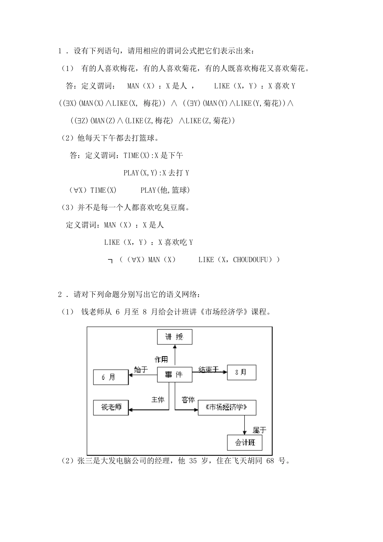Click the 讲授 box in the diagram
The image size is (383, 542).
tap(174, 337)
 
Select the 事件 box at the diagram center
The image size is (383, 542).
tap(174, 375)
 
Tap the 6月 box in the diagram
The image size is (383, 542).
tap(110, 377)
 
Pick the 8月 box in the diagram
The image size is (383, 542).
tap(241, 373)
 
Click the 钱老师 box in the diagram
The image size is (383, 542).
tap(111, 407)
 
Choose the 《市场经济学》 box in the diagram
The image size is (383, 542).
tap(227, 407)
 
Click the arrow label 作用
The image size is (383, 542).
tap(161, 359)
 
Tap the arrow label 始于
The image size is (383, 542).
tap(141, 369)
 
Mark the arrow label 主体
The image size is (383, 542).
tap(158, 400)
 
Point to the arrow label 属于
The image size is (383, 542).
tap(259, 430)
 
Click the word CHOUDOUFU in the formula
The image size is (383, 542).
tap(250, 260)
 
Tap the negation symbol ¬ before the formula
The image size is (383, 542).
tap(110, 261)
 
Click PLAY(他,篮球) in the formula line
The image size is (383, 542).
tap(165, 190)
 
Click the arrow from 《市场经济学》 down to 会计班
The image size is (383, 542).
tap(245, 425)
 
